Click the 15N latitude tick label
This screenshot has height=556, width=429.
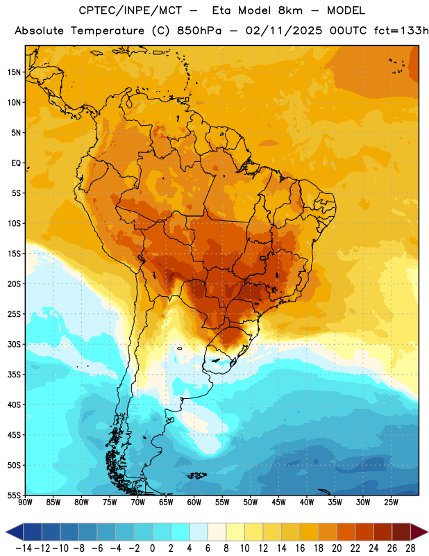tap(14, 72)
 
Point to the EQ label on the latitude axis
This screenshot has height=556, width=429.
tap(16, 163)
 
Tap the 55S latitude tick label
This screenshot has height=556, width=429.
tap(14, 495)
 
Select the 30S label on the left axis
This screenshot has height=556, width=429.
tap(14, 344)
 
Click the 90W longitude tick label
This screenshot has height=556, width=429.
tap(25, 502)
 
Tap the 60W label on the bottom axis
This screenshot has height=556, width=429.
tap(194, 502)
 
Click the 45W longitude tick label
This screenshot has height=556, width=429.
tap(278, 502)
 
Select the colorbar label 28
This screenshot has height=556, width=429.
tap(410, 548)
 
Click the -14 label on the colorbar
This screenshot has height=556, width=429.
tap(24, 548)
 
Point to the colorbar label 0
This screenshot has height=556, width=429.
tap(152, 548)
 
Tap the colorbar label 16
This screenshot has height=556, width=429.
tap(300, 548)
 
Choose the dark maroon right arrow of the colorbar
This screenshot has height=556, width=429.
tap(419, 532)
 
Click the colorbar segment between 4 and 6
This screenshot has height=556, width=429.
tap(199, 532)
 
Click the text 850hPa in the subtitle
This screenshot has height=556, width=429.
tap(199, 31)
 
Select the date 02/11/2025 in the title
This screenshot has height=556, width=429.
tap(284, 31)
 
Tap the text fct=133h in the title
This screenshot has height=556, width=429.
tap(401, 31)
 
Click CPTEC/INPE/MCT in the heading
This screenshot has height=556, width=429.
tap(130, 10)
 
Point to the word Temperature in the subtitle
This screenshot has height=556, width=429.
tap(108, 31)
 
